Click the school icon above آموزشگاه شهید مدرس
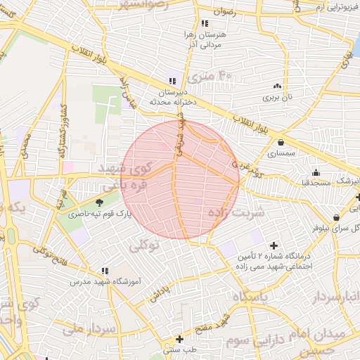(105, 270)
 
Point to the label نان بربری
(277, 98)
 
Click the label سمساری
(281, 153)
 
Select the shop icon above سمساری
(281, 141)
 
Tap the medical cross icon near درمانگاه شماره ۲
(274, 245)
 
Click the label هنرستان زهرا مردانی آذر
(205, 39)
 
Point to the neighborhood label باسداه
(255, 297)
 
